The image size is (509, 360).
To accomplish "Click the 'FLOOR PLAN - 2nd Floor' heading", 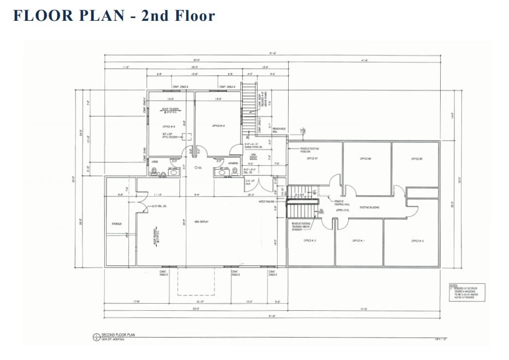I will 114,16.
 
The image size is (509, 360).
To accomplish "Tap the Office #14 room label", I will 160,126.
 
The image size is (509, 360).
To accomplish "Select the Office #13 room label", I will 218,126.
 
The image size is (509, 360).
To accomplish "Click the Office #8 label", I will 365,158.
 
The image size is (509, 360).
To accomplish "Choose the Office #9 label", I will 416,158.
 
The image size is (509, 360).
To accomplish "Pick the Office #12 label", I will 309,240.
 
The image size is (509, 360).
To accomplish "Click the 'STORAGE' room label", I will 116,223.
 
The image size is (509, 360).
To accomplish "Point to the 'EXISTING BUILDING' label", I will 370,207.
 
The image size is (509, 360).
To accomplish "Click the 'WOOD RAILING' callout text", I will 267,201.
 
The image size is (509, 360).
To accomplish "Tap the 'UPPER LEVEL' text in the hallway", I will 343,209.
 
